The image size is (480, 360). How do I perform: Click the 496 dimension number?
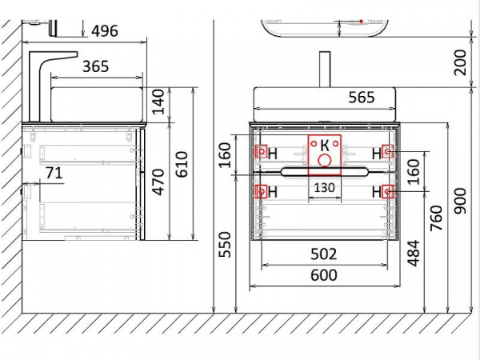(105, 31)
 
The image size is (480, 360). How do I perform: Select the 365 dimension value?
(96, 66)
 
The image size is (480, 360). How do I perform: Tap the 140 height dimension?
(158, 102)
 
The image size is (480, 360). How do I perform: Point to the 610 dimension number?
(182, 164)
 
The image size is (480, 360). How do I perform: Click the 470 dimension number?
(158, 182)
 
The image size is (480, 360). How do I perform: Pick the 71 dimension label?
(54, 173)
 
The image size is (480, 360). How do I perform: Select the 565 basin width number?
(362, 98)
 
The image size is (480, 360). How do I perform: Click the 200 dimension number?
(460, 62)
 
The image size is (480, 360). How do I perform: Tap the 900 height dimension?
(460, 201)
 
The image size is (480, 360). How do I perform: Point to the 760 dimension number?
(437, 218)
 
